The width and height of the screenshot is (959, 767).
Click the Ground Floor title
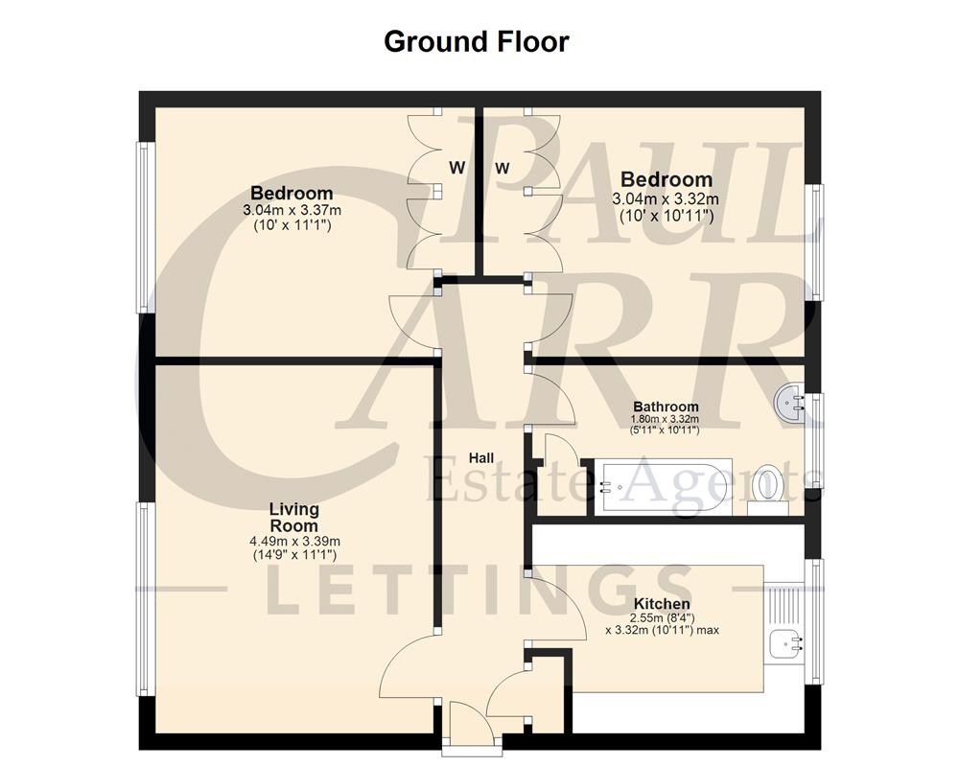476,42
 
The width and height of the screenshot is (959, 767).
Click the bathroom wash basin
793,404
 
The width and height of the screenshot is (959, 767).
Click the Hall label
481,456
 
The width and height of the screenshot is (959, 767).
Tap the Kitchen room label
661,604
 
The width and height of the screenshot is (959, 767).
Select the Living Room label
293,518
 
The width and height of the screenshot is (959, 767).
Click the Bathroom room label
666,407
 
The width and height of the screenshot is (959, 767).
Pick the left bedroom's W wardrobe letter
457,168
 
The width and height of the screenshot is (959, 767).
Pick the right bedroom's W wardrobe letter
503,168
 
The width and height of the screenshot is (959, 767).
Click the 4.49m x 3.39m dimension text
293,541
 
